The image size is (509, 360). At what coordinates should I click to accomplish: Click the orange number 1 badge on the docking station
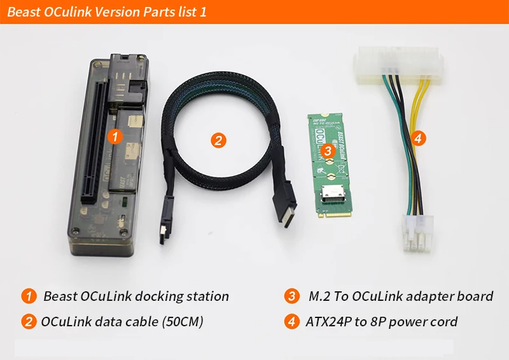(x=114, y=136)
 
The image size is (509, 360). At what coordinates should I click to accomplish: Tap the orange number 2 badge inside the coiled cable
(x=218, y=140)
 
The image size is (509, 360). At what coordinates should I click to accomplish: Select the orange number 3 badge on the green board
(x=327, y=151)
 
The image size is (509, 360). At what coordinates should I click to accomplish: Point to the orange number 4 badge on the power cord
(x=417, y=138)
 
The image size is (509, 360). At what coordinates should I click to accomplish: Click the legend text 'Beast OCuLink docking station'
(x=136, y=296)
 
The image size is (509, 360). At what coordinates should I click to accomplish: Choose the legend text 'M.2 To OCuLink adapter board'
(x=401, y=296)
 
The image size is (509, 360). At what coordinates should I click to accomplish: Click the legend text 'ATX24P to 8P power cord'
(x=382, y=321)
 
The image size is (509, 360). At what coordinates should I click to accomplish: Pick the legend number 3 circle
(x=292, y=296)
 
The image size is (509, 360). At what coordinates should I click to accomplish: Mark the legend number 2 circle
(x=29, y=321)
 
